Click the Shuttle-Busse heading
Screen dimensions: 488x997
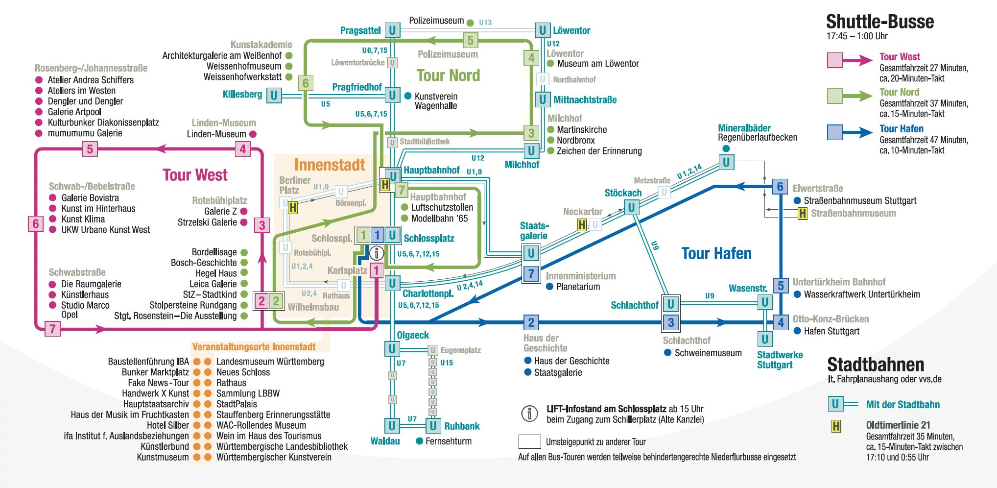click(879, 22)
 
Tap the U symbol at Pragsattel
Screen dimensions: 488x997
click(392, 30)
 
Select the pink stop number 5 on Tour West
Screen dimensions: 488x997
click(90, 149)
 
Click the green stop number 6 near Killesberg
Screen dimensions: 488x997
click(306, 83)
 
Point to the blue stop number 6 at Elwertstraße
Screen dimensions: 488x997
click(781, 187)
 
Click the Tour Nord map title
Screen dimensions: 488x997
click(448, 75)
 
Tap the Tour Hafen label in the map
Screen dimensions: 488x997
click(716, 253)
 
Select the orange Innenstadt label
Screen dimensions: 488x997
click(330, 165)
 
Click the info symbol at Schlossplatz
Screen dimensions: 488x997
click(377, 253)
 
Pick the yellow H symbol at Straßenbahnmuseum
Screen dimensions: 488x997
click(802, 213)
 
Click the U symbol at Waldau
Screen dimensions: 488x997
click(392, 426)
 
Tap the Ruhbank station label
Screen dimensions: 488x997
click(462, 426)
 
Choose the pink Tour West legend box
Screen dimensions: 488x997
click(834, 60)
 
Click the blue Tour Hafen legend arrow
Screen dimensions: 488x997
click(857, 132)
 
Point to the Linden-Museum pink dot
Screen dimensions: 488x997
click(253, 134)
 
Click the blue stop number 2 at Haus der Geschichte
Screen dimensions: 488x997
click(531, 322)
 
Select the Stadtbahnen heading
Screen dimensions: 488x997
click(876, 365)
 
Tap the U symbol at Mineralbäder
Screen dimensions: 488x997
click(726, 162)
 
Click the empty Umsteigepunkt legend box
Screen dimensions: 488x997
click(529, 441)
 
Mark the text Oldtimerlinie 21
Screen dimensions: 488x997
click(898, 425)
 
